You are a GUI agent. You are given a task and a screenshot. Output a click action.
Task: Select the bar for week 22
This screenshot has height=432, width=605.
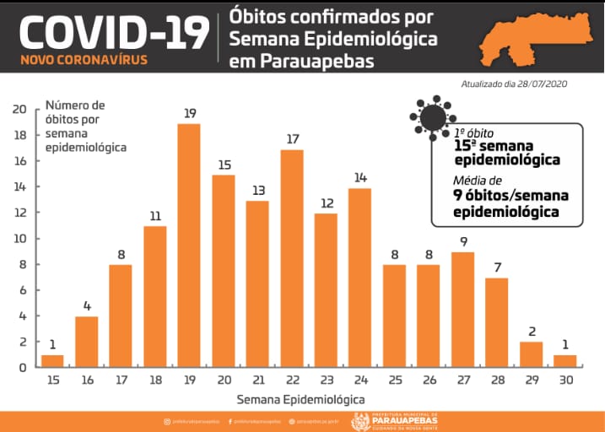tap(292, 257)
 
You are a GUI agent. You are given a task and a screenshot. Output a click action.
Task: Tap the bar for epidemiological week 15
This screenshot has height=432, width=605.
tap(52, 361)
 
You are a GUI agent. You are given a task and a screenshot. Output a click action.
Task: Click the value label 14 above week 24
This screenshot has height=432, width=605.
tap(360, 178)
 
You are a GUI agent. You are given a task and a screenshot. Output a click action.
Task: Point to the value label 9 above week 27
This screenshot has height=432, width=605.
tap(463, 242)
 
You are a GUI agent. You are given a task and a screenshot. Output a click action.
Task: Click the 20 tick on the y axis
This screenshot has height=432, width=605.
tap(19, 109)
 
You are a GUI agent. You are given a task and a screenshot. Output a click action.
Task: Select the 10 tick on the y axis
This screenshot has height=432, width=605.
tap(19, 238)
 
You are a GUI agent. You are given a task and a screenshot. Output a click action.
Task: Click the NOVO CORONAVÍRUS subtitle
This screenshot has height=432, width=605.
tap(83, 60)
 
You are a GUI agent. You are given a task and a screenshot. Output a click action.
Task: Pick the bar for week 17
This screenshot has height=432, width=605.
tap(121, 316)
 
